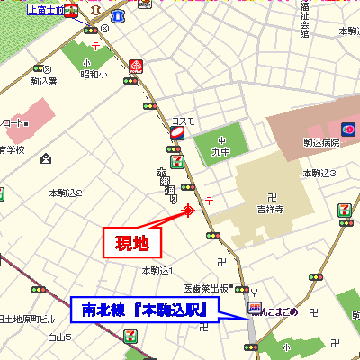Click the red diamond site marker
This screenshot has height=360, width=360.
(188, 211)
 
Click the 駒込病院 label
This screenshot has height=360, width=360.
(320, 142)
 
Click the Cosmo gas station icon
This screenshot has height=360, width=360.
(176, 132)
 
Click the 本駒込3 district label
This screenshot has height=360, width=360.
(319, 173)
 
